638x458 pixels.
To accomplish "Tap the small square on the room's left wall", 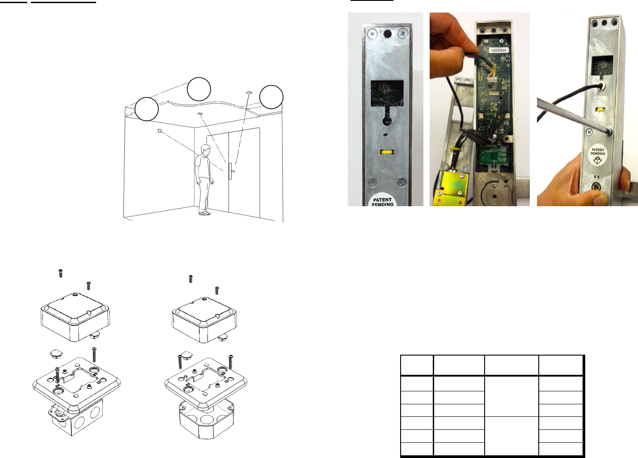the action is (160, 131).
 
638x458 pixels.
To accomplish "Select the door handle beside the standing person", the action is (232, 171).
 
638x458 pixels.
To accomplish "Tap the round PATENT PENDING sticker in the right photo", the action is (598, 156).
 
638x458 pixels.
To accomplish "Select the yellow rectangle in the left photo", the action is (387, 152).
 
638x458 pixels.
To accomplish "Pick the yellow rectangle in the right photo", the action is (601, 110).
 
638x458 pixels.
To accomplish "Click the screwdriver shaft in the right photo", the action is (572, 115).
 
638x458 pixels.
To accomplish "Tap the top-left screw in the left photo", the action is (372, 34).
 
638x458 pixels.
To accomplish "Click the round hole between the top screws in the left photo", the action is (387, 34).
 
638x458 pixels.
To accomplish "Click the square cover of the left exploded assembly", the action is (76, 316).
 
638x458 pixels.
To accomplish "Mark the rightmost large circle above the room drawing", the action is (271, 97).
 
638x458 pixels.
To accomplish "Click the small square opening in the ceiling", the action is (249, 93).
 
